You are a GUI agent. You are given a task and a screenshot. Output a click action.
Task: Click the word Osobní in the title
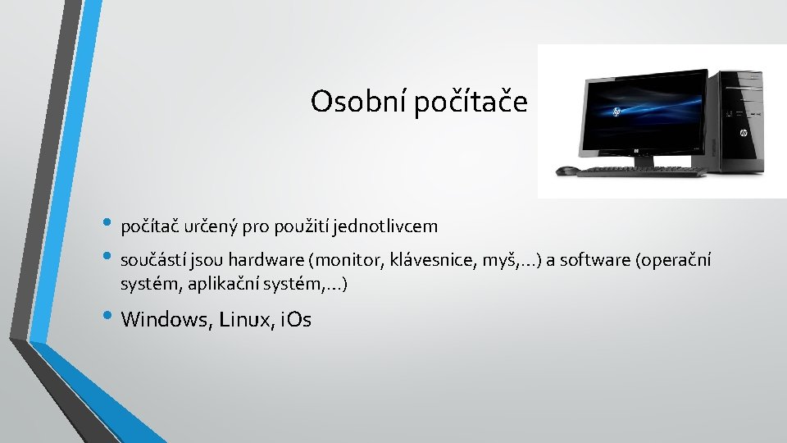coord(357,102)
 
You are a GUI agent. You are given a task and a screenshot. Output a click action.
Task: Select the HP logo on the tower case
coord(744,131)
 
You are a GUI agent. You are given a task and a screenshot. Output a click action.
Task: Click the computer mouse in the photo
coord(566,171)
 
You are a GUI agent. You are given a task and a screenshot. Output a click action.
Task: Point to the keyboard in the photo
coord(639,171)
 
